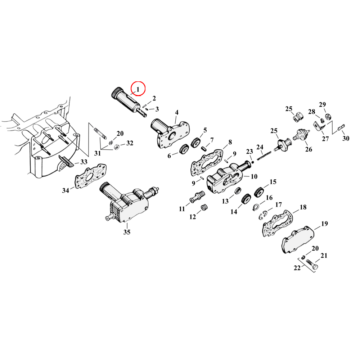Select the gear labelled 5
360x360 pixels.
click(x=196, y=143)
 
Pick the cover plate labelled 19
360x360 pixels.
click(x=298, y=240)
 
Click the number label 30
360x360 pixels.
click(x=346, y=139)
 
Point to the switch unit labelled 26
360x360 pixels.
click(x=302, y=136)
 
